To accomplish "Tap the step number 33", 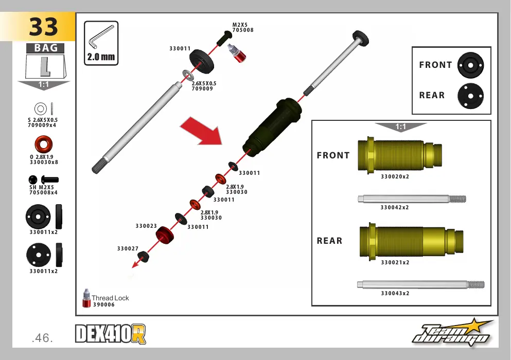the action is (x=43, y=27).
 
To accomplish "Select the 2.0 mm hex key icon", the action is (x=101, y=37).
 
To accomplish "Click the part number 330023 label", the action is (x=146, y=226).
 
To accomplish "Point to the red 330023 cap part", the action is (x=165, y=235).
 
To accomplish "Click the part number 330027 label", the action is (x=128, y=248).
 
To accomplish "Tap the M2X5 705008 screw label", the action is (x=243, y=27).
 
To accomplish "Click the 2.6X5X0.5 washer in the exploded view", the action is (x=188, y=75).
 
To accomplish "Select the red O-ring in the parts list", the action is (x=43, y=144).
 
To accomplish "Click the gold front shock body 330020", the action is (x=399, y=155).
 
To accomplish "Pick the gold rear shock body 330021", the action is (x=411, y=241).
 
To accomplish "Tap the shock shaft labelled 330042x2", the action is (x=412, y=199).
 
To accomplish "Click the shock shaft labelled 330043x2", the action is (x=420, y=284).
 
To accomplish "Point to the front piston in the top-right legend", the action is (x=470, y=65).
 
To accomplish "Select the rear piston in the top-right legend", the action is (x=470, y=96).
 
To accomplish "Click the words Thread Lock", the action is (x=110, y=298).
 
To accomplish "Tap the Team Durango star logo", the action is (x=453, y=332).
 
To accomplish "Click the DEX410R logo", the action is (x=111, y=334).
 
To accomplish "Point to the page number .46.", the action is (x=42, y=338).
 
